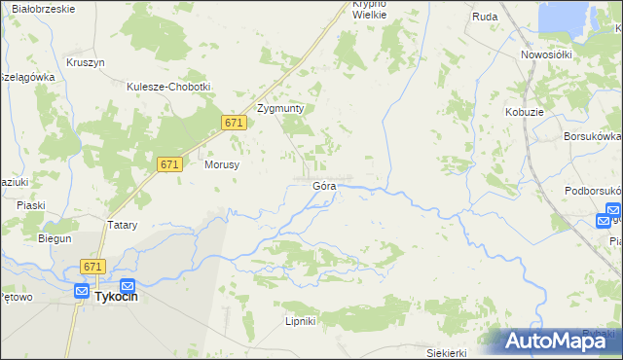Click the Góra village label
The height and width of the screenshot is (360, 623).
325,185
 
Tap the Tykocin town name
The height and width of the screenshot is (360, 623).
116,298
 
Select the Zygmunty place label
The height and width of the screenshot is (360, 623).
280,108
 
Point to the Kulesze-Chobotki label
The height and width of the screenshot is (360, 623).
168,86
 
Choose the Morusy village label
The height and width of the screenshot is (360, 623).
222,164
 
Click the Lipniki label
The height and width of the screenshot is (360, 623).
302,320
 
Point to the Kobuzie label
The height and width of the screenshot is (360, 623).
524,113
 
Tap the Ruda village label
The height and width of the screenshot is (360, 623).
485,17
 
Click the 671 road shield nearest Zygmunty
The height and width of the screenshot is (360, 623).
233,123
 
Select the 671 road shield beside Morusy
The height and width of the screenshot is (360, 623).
168,165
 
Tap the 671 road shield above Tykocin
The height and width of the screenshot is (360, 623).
93,267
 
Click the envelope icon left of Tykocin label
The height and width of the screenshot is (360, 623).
80,290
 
